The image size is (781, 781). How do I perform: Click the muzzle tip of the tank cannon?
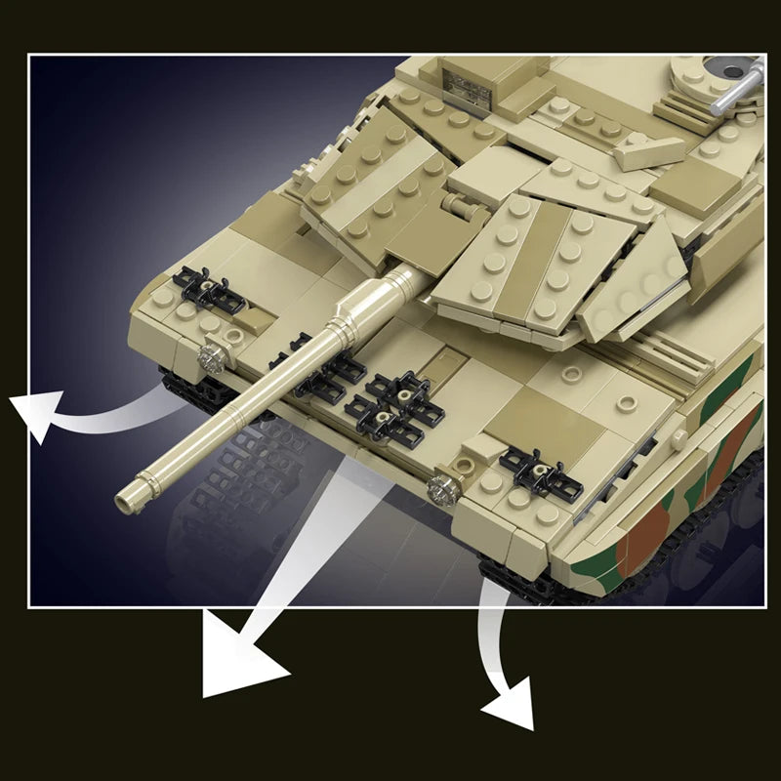point(125,502)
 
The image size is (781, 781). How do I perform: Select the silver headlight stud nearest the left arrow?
point(209,358)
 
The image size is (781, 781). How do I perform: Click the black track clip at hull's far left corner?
point(206,290)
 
